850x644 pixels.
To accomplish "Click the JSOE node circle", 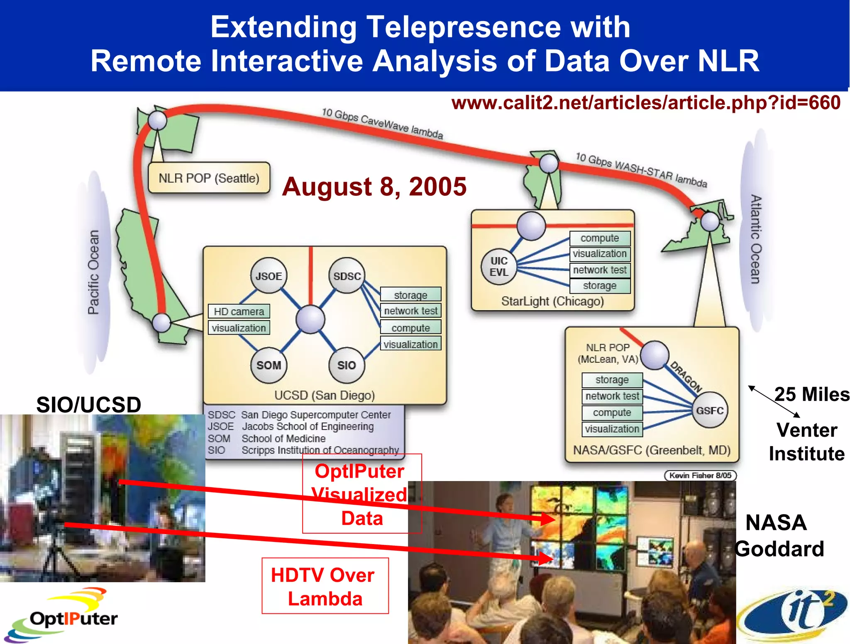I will (269, 276).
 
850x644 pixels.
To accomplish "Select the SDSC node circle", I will (347, 276).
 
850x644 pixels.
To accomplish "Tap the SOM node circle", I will (269, 365).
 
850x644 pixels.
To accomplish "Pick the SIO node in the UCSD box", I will (347, 365).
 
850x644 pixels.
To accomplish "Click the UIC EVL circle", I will (499, 267).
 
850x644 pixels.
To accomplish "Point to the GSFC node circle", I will (710, 410).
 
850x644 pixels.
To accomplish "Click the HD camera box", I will (239, 311).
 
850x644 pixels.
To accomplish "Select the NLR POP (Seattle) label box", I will (209, 178).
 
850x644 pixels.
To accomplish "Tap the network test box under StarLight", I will (600, 270).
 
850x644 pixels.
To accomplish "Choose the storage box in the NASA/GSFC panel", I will (612, 379).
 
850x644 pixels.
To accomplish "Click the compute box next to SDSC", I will (410, 328).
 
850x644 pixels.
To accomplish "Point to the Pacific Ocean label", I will (94, 272).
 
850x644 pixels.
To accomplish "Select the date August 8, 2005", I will (374, 186).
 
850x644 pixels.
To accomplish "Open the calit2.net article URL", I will (646, 102).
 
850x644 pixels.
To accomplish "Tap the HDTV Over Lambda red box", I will (325, 586).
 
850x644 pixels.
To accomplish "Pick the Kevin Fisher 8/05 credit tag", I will (700, 475).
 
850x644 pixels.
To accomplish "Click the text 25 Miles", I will (811, 394).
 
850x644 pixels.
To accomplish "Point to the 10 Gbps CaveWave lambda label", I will (382, 123).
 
